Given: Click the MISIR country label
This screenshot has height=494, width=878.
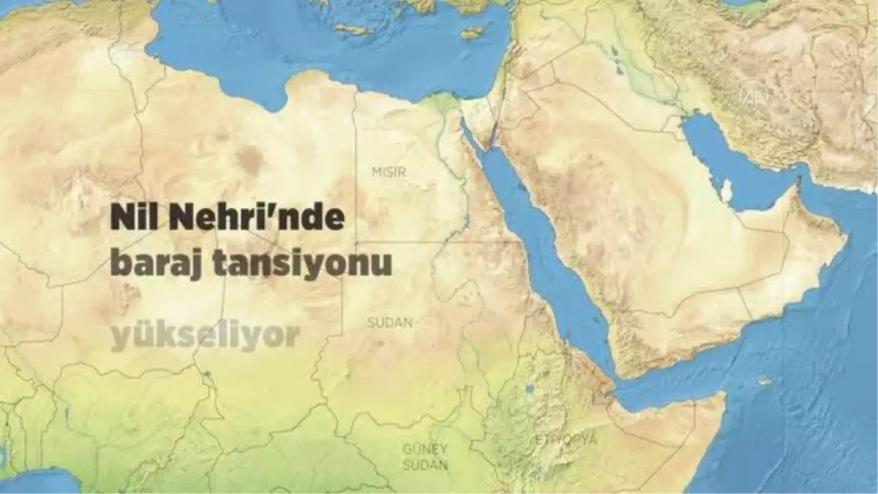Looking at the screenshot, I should coord(389,171).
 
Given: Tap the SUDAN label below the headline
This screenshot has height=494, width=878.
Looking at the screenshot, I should coord(390,322).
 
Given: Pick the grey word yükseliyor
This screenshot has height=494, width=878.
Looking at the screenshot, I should coord(206,336).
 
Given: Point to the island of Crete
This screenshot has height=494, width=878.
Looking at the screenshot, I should coord(353,29).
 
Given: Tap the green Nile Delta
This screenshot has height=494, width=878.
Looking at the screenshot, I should coord(443,103).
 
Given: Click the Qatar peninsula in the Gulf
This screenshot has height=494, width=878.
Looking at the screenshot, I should coord(727,191).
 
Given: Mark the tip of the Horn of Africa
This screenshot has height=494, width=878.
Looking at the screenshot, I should coord(723,396).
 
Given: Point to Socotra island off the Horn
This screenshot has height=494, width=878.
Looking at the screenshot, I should coord(765,381).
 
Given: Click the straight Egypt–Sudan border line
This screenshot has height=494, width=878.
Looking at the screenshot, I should coord(424,242).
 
